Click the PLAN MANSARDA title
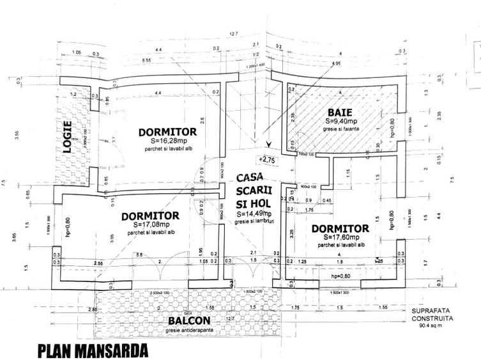point(93,351)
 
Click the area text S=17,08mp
point(148,224)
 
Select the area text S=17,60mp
point(342,237)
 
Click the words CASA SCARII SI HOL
point(256,189)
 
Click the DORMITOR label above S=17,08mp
point(149,215)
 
